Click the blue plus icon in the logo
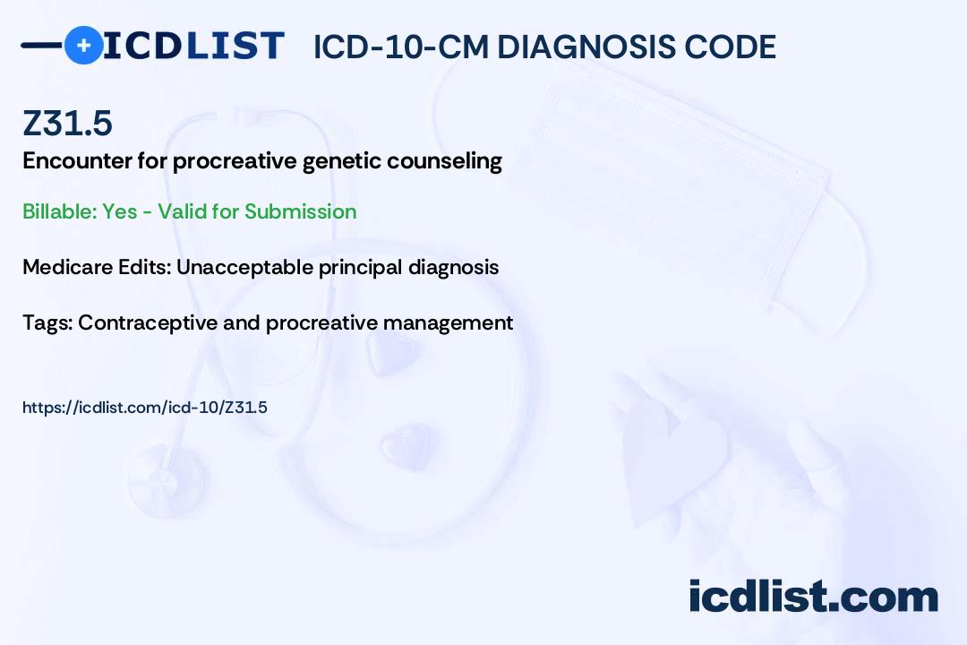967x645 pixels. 83,45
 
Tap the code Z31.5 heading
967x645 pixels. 67,123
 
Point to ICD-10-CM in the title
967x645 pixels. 400,47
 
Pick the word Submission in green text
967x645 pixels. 300,211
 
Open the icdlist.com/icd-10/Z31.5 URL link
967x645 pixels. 145,408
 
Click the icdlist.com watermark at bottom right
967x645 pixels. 813,597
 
